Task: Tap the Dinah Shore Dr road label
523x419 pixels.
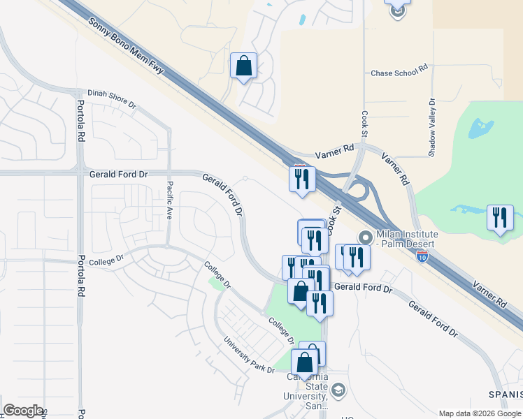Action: click(x=112, y=98)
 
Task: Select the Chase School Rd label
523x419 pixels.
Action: click(x=399, y=72)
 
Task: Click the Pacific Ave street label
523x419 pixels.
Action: click(x=170, y=201)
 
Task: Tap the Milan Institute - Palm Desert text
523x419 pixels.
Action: click(x=406, y=239)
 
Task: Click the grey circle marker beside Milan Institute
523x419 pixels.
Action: click(x=364, y=236)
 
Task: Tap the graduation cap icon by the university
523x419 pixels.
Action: click(x=338, y=390)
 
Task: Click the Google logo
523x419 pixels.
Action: click(x=22, y=411)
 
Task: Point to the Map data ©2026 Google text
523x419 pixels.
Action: click(x=479, y=413)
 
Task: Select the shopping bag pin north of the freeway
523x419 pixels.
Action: click(x=243, y=66)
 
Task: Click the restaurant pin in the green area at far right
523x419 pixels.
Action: click(x=500, y=218)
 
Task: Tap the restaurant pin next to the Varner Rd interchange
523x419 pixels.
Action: click(x=302, y=179)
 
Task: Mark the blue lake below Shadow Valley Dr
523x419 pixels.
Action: click(x=479, y=128)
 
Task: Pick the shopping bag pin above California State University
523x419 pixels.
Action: click(x=305, y=362)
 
